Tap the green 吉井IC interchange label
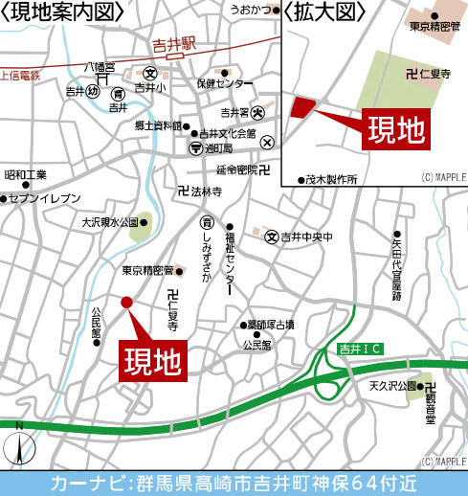360,351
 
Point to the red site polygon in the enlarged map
300,107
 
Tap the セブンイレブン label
45,198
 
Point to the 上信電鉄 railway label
20,74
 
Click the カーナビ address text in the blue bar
234,483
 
